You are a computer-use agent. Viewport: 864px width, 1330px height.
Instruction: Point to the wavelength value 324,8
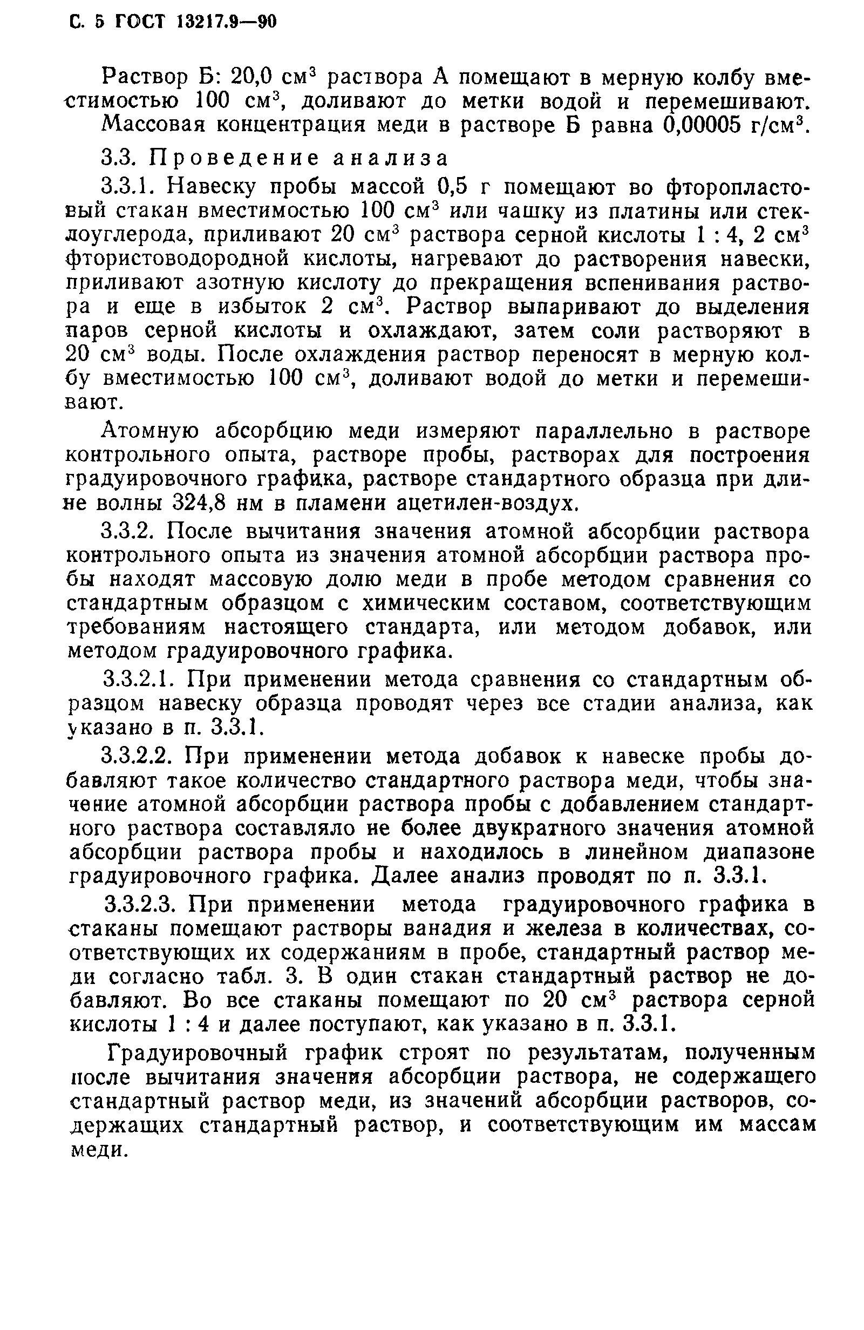point(199,504)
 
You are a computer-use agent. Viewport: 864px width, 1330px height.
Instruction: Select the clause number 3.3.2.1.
point(143,680)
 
